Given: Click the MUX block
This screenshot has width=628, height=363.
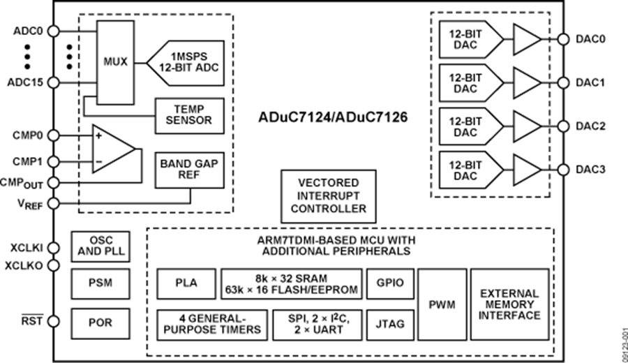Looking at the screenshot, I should tap(115, 61).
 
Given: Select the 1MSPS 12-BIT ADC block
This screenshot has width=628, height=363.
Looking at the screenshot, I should tap(184, 61).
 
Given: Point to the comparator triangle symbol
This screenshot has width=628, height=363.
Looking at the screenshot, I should tap(112, 149).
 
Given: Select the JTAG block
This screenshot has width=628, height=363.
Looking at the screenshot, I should tap(389, 323).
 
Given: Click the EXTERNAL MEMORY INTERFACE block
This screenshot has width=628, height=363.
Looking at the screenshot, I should tap(509, 304).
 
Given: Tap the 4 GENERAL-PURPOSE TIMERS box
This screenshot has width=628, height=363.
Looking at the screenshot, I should tap(211, 323).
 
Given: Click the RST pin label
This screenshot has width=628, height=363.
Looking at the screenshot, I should tap(32, 322).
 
